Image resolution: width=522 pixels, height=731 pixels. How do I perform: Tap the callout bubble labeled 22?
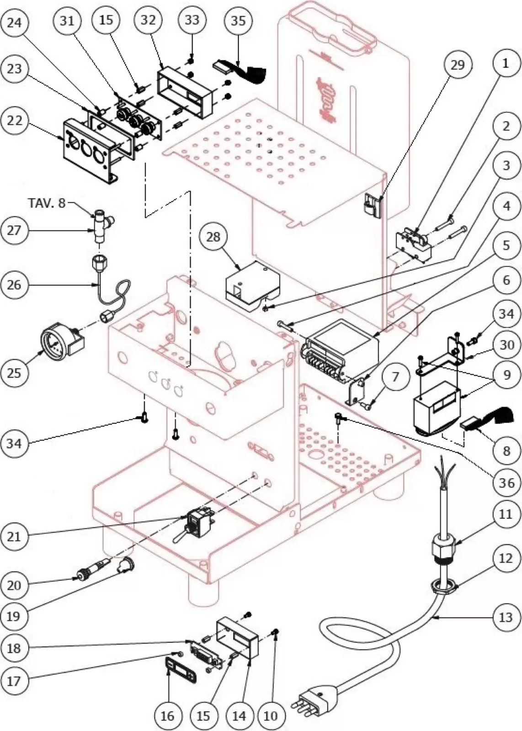[14, 121]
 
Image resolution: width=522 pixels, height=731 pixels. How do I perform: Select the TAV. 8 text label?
[47, 203]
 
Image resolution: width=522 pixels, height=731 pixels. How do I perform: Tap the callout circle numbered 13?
[506, 618]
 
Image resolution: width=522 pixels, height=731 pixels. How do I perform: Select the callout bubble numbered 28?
[213, 237]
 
